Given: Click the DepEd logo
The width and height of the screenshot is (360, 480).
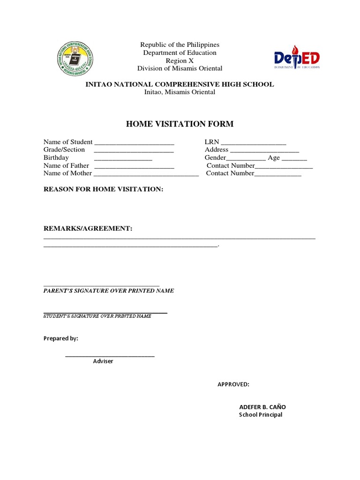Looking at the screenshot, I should click(x=297, y=58).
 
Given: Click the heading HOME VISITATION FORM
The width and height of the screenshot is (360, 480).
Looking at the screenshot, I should click(x=180, y=124).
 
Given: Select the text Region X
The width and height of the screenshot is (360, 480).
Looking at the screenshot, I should click(x=180, y=61).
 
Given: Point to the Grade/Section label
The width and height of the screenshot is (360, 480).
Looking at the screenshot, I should click(x=64, y=150).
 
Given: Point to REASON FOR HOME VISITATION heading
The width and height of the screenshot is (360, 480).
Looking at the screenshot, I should click(x=103, y=189).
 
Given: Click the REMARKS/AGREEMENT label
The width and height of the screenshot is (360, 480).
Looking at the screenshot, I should click(x=88, y=228).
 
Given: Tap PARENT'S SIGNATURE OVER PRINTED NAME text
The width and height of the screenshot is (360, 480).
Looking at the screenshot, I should click(x=109, y=291).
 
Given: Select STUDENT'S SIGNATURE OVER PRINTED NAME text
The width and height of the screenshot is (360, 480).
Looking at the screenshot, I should click(x=97, y=316).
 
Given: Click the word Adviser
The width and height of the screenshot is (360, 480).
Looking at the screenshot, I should click(x=103, y=361).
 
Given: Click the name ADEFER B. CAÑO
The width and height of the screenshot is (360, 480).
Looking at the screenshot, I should click(x=262, y=407).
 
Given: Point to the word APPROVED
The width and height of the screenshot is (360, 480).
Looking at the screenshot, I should click(x=233, y=385).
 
